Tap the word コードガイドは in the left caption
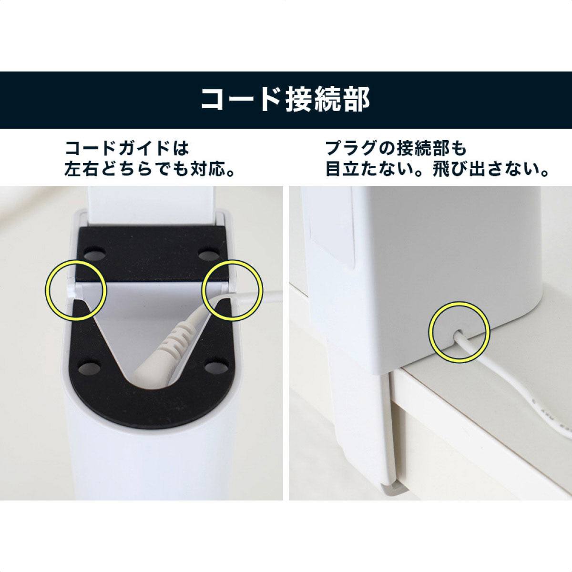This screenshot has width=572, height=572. point(127,148)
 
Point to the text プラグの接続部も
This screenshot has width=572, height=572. point(396,148)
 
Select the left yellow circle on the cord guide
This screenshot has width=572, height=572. point(75,289)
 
